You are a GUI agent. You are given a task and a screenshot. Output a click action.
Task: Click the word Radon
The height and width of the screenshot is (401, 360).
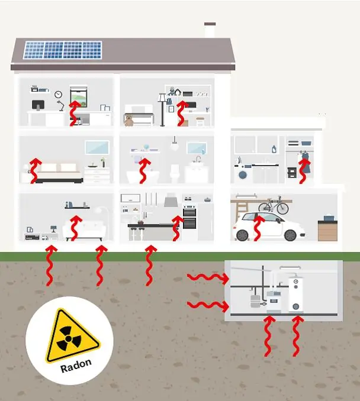pos(76,366)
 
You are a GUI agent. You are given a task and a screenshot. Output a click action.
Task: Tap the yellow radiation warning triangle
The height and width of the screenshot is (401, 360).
pos(70,335)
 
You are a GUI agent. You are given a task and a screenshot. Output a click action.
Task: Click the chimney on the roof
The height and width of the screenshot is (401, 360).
pos(210,30)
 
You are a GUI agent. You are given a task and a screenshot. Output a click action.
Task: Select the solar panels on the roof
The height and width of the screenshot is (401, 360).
pos(63,50)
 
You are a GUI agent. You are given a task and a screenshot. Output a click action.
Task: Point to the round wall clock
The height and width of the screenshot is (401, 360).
pos(59,95)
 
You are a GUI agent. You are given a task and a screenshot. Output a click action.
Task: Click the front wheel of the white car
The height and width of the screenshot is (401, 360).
pos(242,235)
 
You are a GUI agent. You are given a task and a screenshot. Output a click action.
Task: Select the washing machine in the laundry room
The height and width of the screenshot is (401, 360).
pos(243,173)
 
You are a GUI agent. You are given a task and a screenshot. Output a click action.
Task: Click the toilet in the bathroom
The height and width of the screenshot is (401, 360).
pos(175,173)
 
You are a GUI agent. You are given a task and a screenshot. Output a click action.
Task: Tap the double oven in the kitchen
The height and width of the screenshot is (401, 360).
pos(189,216)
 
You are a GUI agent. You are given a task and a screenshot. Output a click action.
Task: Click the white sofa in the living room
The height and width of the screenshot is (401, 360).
pos(85,229)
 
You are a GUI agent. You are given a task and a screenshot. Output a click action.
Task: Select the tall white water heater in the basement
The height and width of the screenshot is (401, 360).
pos(295,294)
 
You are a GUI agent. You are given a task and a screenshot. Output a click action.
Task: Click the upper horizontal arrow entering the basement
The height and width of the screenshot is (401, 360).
pos(208,278)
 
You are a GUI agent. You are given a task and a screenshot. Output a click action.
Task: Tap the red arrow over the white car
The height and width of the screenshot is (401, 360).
pos(259,228)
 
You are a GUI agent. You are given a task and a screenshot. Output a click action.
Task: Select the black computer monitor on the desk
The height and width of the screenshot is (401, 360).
pos(38,105)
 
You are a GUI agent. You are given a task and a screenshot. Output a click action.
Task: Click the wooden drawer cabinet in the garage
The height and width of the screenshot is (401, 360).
pos(327,231)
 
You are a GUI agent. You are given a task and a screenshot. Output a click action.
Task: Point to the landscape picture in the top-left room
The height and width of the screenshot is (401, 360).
pos(78,96)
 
